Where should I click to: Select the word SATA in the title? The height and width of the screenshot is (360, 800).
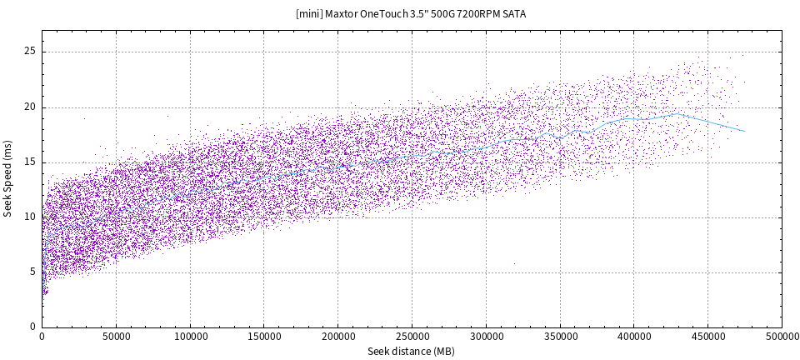coord(514,14)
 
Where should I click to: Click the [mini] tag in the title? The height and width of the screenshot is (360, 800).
coord(308,14)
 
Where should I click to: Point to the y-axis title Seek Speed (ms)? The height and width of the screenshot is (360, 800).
coord(8,179)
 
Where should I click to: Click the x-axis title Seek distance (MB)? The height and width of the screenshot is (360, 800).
coord(412,352)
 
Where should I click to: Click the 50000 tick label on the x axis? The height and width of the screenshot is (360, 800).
coord(116,337)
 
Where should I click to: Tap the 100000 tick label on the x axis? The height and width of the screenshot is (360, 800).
coord(190,337)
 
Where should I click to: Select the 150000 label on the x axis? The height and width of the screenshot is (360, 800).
coord(264,337)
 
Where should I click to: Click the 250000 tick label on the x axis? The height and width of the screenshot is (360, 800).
coord(412,337)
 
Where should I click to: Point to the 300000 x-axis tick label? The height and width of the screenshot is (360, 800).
coord(486,337)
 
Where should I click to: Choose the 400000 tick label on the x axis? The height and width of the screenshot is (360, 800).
coord(633,337)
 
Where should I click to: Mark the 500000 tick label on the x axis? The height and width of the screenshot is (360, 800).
coord(782,337)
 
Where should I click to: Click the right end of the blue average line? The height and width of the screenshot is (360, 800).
coord(744,131)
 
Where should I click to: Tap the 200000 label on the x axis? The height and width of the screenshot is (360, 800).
coord(337,337)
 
